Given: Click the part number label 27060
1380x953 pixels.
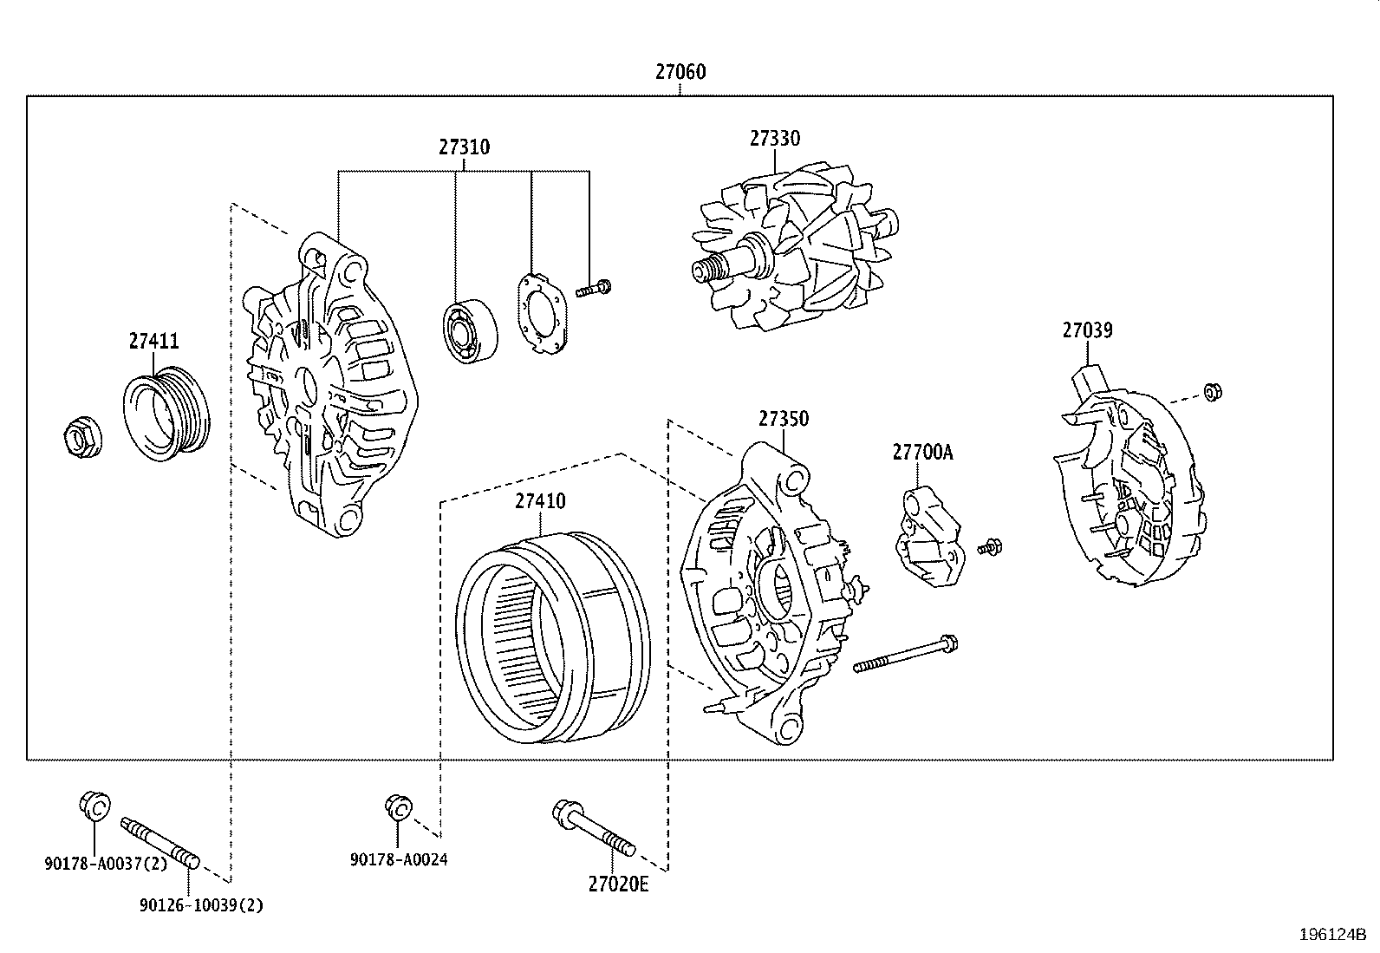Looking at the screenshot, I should [680, 72].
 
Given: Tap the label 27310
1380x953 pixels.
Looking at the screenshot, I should [464, 147].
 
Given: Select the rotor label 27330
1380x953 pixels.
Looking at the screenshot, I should [775, 139].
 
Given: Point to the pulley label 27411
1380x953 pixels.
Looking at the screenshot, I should [154, 342].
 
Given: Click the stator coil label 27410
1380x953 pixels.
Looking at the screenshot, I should [540, 501].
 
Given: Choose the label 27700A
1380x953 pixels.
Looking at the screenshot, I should [922, 453].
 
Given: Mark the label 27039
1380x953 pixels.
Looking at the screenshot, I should [1088, 330].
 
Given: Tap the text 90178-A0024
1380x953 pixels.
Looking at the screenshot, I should [399, 859].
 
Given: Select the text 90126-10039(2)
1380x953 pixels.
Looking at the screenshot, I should [201, 905].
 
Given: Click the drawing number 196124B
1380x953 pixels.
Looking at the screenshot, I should [1332, 935].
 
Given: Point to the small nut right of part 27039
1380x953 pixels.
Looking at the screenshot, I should [1213, 392].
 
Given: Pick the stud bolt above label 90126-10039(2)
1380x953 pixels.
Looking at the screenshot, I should [160, 842].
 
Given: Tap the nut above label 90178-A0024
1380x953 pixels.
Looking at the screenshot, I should [397, 807].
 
